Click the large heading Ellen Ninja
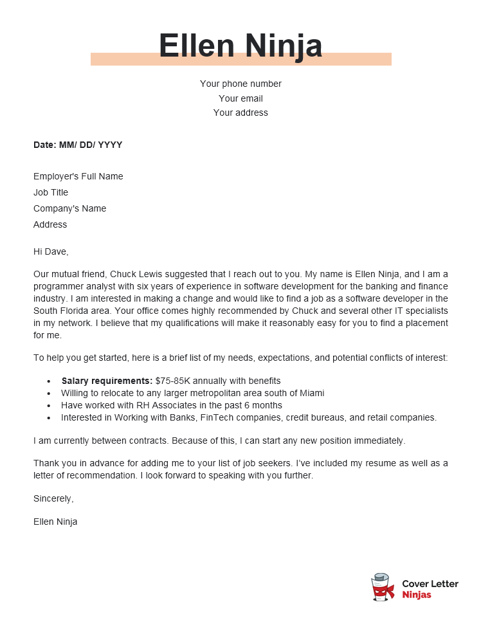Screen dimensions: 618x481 [240, 46]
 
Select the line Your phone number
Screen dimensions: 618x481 [240, 84]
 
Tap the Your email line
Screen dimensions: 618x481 [240, 98]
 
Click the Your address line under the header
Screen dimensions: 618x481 [240, 113]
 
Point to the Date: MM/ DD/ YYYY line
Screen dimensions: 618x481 [78, 145]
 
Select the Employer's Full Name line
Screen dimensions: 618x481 [78, 176]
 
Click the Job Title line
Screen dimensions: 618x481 [51, 192]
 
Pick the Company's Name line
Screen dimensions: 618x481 [69, 208]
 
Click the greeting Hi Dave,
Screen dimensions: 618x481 [51, 251]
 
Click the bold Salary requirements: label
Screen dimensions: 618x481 [107, 381]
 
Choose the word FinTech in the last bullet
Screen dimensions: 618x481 [216, 417]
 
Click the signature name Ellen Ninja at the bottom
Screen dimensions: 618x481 [55, 522]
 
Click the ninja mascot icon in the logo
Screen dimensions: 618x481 [383, 588]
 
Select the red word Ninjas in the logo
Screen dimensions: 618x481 [416, 595]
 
